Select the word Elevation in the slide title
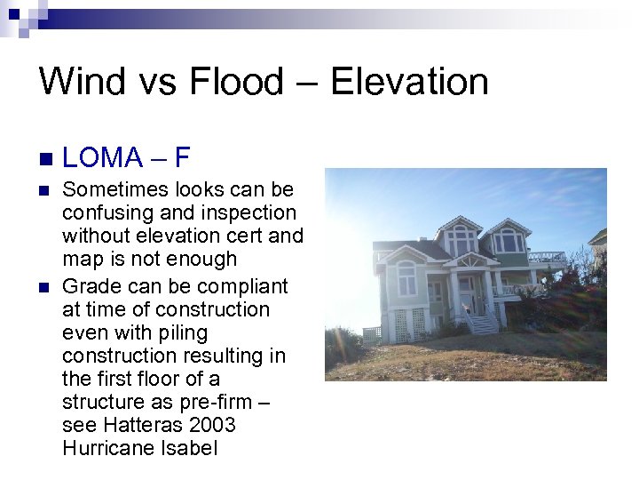pyautogui.click(x=409, y=82)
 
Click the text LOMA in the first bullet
pyautogui.click(x=103, y=158)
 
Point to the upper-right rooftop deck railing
pyautogui.click(x=546, y=257)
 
